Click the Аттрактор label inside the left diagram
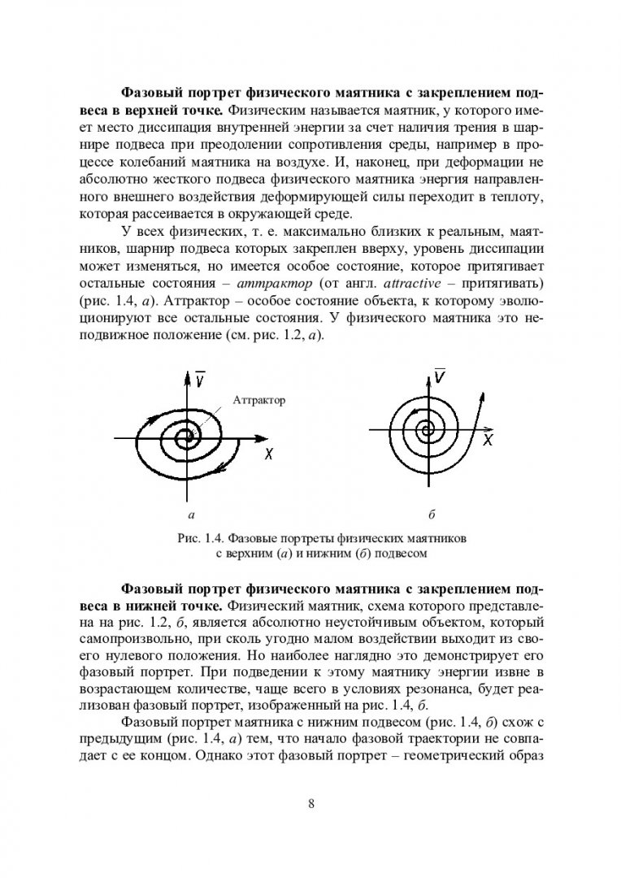point(259,401)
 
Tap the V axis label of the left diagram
point(200,379)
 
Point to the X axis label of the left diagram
point(268,455)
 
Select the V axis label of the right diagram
point(440,377)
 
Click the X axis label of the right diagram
point(489,440)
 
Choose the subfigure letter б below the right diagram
point(432,515)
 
